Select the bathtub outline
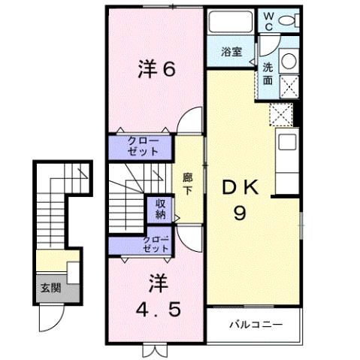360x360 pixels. [231, 22]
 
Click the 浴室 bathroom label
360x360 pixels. [231, 52]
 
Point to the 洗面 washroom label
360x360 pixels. [268, 72]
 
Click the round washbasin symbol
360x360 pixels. [287, 62]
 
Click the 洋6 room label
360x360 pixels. [156, 69]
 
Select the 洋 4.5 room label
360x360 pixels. [156, 297]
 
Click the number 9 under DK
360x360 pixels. [240, 213]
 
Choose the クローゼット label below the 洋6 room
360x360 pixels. [142, 146]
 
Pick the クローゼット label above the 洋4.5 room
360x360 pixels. [156, 244]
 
